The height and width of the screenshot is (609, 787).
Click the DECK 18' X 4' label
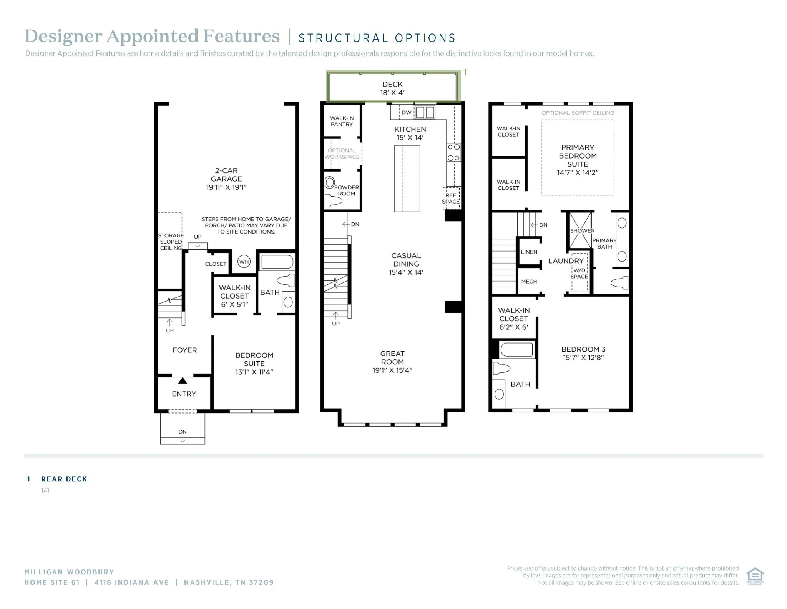392,88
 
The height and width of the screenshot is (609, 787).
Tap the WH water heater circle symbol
244,262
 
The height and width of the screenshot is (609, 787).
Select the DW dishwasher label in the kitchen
407,113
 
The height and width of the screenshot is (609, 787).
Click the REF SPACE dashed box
451,199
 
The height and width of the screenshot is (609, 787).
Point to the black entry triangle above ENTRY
183,380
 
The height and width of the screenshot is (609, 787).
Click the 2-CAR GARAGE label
226,179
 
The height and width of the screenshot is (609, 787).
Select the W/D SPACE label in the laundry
579,274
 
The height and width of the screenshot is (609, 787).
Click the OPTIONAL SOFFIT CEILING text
578,113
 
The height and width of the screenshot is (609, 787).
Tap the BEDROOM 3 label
583,353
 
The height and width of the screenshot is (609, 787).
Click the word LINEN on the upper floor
529,252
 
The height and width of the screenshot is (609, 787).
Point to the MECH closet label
529,282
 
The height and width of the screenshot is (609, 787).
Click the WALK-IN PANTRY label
342,121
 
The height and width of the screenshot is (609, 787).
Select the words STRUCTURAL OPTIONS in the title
377,38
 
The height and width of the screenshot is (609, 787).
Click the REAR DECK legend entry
64,479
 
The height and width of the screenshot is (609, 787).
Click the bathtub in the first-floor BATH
277,262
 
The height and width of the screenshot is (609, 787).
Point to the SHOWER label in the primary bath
582,231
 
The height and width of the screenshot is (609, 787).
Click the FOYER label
184,350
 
